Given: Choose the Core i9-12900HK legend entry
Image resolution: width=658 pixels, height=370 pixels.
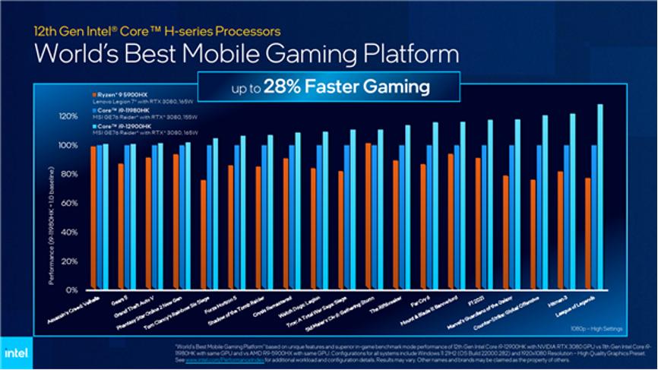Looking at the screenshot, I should (118, 130).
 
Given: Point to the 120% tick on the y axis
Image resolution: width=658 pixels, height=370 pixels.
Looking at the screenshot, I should (68, 116).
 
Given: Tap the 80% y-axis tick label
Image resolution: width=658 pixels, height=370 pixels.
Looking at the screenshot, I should (70, 174).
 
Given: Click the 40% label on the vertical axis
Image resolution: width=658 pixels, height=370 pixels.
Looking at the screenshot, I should (70, 232).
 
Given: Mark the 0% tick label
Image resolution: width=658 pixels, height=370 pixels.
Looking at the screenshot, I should (72, 289).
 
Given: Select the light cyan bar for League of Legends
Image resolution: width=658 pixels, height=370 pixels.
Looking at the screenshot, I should (600, 198).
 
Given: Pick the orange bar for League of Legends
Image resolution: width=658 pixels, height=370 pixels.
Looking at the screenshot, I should (588, 233).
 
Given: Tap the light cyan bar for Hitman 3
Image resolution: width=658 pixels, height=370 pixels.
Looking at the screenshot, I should (572, 202).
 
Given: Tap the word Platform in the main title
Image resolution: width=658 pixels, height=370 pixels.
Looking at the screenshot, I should (404, 55).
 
